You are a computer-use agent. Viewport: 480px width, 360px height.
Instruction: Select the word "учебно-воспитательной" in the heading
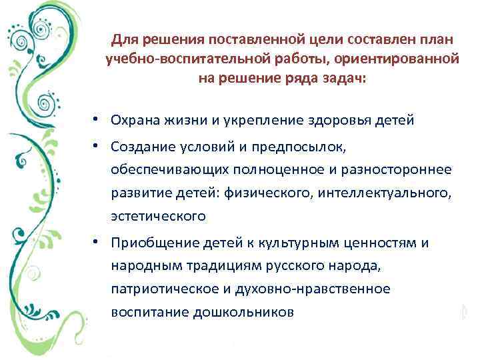pyautogui.click(x=171, y=59)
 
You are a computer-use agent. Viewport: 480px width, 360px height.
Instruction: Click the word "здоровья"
pyautogui.click(x=347, y=121)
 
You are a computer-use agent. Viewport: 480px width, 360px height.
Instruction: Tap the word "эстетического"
pyautogui.click(x=159, y=217)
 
